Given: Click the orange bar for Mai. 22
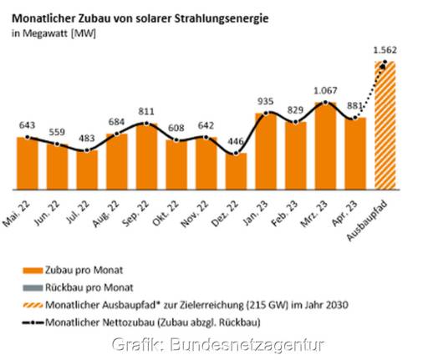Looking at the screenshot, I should (28, 163).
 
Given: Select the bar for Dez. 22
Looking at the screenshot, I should (237, 171).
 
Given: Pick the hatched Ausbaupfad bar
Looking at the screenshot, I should (385, 125).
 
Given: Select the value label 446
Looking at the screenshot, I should (237, 139).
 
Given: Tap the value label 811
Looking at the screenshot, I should (147, 109).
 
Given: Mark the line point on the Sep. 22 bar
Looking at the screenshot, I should (147, 124).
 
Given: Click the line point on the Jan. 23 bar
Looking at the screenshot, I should (266, 113).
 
